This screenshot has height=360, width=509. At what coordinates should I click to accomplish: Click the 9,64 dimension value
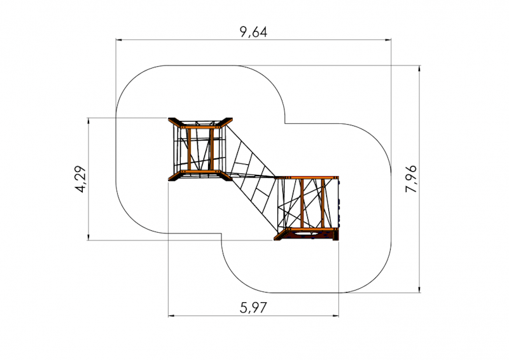click(253, 32)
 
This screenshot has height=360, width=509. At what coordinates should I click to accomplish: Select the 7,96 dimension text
click(411, 179)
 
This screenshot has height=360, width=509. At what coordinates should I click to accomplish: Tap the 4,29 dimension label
click(81, 179)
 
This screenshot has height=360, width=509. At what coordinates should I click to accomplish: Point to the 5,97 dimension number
click(253, 307)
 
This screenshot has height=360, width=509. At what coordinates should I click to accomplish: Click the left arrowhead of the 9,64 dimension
click(119, 40)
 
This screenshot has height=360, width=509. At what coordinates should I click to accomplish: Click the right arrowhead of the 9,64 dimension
click(388, 40)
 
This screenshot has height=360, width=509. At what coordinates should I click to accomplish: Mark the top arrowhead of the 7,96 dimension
click(419, 69)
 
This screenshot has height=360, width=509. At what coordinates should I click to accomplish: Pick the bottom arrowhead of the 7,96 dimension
click(419, 289)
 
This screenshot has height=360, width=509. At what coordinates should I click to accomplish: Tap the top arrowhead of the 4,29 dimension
click(88, 121)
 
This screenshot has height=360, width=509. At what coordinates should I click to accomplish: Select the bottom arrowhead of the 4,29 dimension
click(88, 237)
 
